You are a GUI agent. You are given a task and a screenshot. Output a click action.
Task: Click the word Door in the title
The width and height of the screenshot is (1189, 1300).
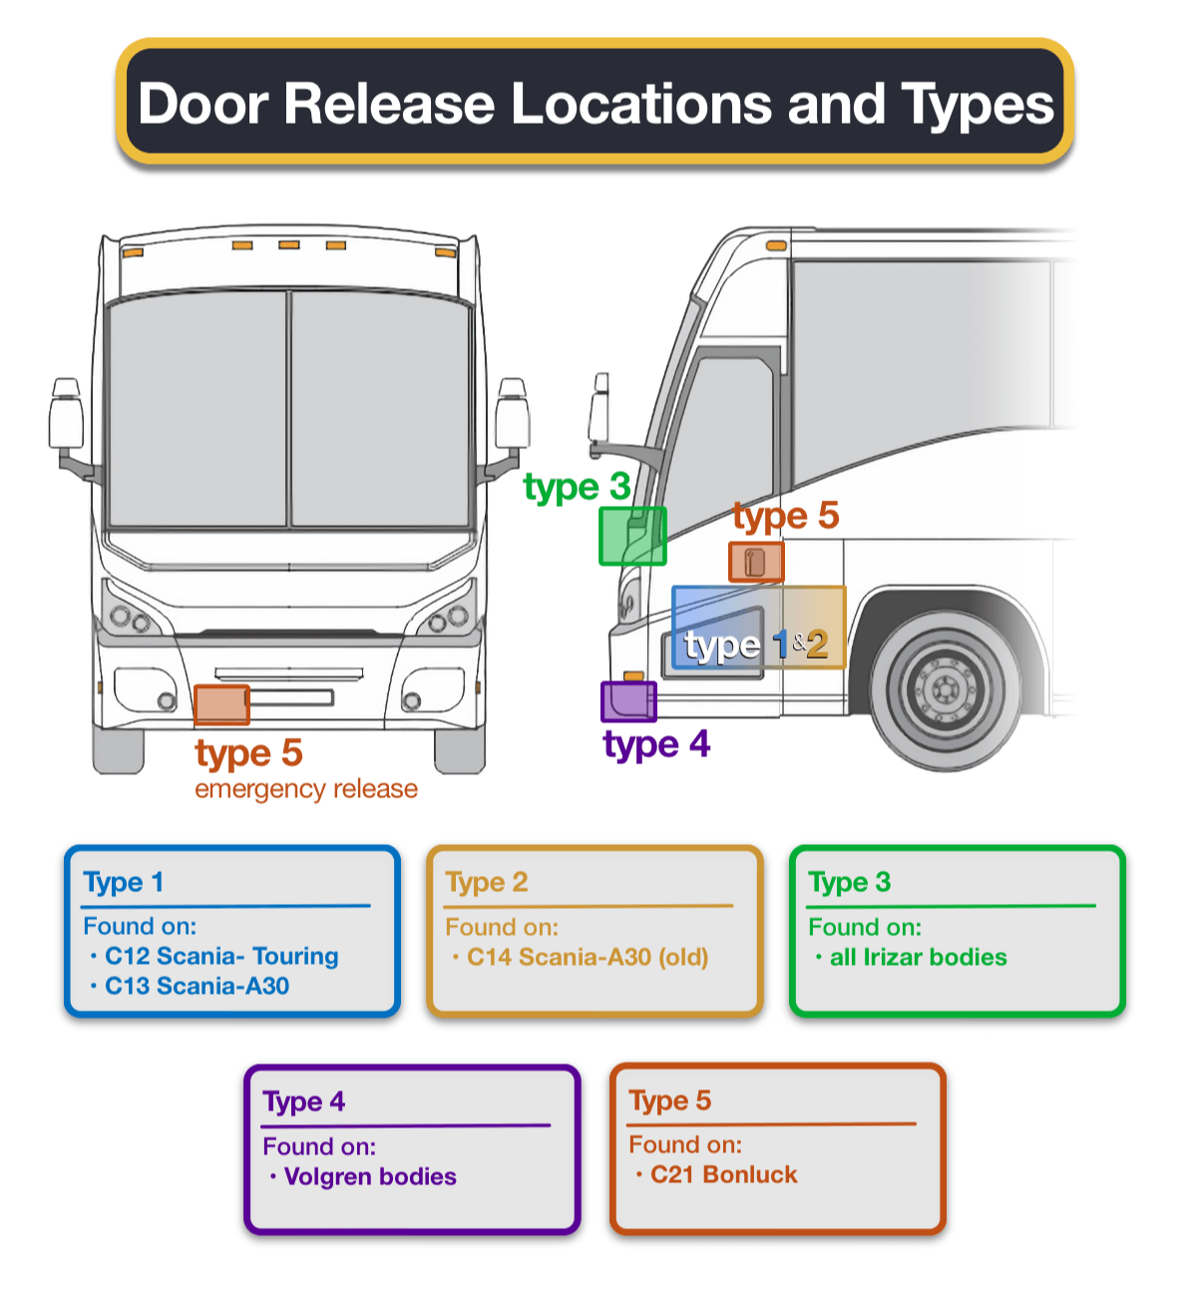coord(203,103)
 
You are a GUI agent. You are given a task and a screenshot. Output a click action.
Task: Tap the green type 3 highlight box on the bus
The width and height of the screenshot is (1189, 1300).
coord(632,537)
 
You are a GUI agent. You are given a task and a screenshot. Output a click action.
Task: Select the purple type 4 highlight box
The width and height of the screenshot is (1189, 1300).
coord(628,701)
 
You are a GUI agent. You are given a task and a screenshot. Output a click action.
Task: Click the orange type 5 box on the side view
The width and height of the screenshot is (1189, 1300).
coord(756,563)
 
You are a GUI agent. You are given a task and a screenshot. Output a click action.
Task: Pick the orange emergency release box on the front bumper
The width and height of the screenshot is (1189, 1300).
coord(221,704)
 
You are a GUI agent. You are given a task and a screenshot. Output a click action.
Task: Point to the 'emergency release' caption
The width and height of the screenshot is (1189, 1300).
coord(306,789)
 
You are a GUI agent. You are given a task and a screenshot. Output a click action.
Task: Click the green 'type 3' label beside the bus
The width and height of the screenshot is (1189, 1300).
coord(577,487)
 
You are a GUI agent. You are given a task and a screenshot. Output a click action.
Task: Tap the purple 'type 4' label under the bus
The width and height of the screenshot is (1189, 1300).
coord(656,744)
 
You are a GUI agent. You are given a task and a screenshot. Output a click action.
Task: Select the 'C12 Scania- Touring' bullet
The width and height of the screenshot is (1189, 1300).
coord(221,956)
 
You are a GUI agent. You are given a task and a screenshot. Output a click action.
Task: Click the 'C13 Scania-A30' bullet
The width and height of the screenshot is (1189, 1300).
coord(197,986)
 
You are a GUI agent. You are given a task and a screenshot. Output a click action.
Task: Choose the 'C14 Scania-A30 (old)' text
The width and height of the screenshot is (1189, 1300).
coord(588,957)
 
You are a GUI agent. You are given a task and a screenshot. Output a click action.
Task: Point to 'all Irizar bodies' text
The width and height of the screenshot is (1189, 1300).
coord(918,957)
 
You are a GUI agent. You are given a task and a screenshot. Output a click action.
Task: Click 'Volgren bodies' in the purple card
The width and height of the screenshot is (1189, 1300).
coord(370,1176)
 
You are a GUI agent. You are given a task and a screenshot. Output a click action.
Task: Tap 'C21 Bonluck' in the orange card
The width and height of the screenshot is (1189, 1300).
coord(723,1174)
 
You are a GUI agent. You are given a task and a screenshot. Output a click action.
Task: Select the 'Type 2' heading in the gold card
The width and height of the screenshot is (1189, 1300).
coord(487,882)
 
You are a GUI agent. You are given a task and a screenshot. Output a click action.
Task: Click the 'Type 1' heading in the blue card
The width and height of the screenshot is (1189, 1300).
coord(124,882)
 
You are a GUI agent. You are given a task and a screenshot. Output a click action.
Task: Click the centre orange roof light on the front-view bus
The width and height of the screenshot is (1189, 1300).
coord(289,244)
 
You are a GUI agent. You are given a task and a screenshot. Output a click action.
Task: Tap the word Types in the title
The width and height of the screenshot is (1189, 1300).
coord(978,103)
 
